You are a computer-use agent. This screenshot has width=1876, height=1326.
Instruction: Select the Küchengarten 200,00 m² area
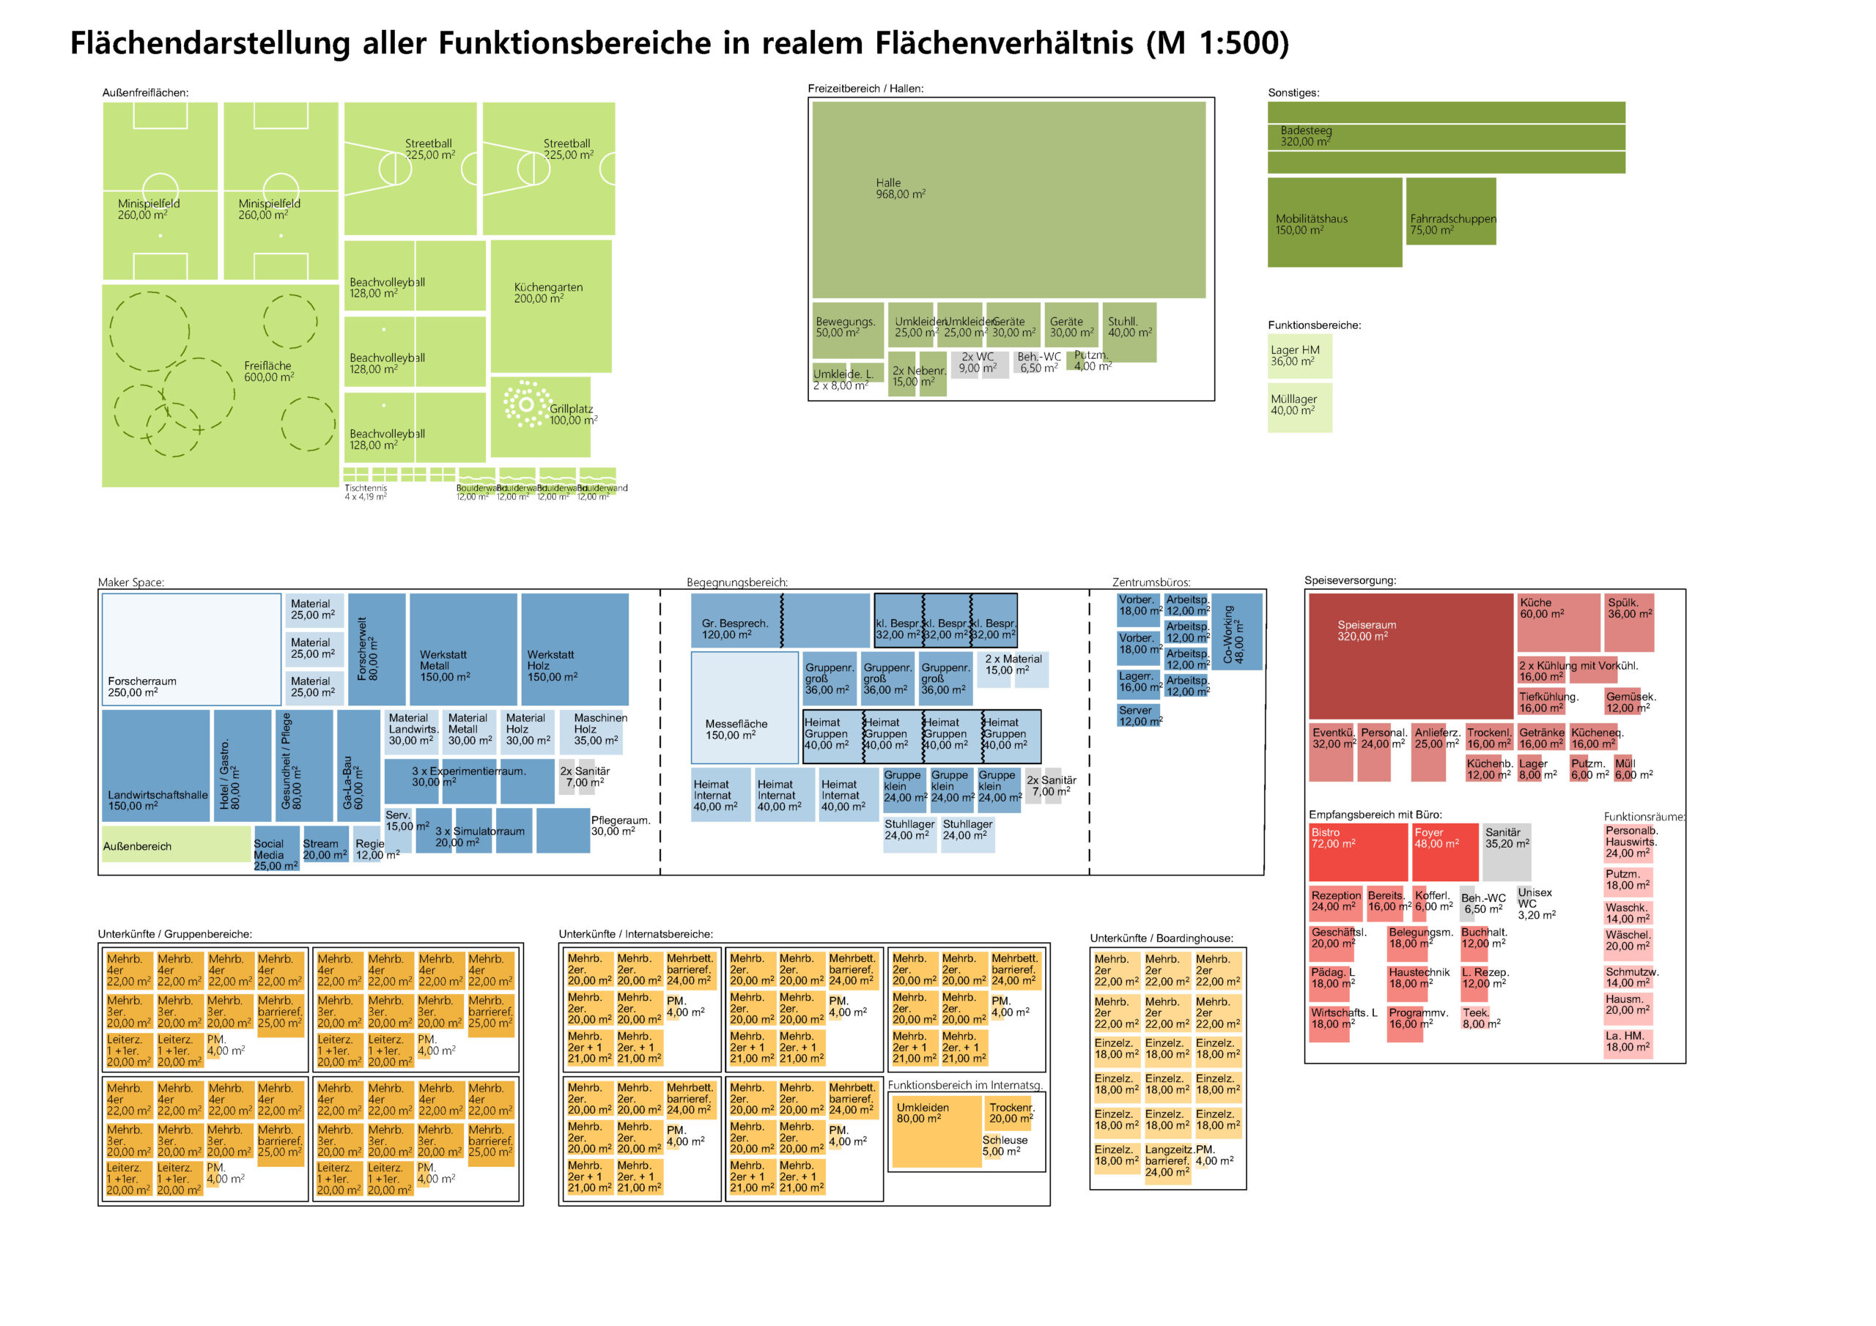tap(550, 306)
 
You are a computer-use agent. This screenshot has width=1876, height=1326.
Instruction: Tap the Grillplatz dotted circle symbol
tap(525, 404)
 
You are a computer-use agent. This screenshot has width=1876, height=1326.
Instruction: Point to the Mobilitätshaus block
tap(1334, 222)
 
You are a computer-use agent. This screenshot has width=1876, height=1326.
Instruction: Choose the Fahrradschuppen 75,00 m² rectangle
tap(1450, 211)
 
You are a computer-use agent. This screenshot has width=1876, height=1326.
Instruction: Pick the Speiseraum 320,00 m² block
tap(1409, 656)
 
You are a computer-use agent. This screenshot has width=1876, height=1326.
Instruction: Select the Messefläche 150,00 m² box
tap(745, 708)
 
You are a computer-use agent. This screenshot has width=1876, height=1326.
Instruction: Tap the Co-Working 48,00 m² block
tap(1236, 631)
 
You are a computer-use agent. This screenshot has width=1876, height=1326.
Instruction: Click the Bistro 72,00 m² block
tap(1358, 851)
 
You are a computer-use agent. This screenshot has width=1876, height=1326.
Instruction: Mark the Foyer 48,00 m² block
tap(1445, 851)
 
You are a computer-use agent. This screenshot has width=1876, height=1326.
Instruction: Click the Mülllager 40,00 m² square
tap(1299, 407)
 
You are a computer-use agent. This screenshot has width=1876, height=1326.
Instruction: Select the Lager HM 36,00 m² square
tap(1299, 356)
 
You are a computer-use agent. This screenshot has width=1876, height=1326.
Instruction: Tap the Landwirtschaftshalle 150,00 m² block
tap(156, 765)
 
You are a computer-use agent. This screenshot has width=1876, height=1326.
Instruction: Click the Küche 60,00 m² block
tap(1558, 622)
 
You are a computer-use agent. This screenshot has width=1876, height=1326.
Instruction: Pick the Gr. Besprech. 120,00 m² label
tap(734, 629)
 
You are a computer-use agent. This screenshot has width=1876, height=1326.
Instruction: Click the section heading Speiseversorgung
tap(1350, 580)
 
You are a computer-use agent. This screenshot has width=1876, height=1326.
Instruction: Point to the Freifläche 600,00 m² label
tap(269, 371)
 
